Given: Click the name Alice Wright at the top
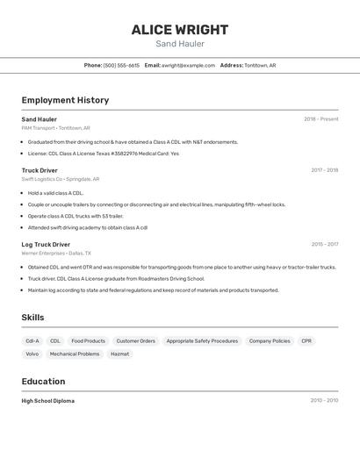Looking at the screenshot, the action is pyautogui.click(x=180, y=30).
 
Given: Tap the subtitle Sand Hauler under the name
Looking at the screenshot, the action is pyautogui.click(x=180, y=44).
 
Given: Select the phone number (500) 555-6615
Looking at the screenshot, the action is pyautogui.click(x=121, y=65).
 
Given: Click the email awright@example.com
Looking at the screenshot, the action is pyautogui.click(x=188, y=65).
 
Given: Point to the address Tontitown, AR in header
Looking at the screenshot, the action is pyautogui.click(x=260, y=65).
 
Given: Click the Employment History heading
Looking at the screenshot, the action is pyautogui.click(x=65, y=100).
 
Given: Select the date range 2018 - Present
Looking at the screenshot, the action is pyautogui.click(x=320, y=119).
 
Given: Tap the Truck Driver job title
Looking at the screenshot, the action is pyautogui.click(x=40, y=170).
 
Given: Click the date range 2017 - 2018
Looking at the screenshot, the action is pyautogui.click(x=324, y=170).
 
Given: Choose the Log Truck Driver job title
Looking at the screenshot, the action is pyautogui.click(x=46, y=245).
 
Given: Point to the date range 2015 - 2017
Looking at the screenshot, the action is pyautogui.click(x=324, y=245).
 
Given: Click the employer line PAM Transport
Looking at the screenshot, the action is pyautogui.click(x=55, y=128).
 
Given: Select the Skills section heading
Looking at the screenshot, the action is pyautogui.click(x=32, y=318).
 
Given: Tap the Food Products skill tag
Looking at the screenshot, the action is pyautogui.click(x=88, y=340).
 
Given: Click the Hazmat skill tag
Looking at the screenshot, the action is pyautogui.click(x=119, y=354).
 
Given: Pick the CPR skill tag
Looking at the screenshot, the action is pyautogui.click(x=306, y=340).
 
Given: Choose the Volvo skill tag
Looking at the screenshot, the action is pyautogui.click(x=32, y=354).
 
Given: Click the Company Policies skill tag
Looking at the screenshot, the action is pyautogui.click(x=270, y=340).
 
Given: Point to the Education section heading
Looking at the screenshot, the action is pyautogui.click(x=43, y=382).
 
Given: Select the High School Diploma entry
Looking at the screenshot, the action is pyautogui.click(x=48, y=401).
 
